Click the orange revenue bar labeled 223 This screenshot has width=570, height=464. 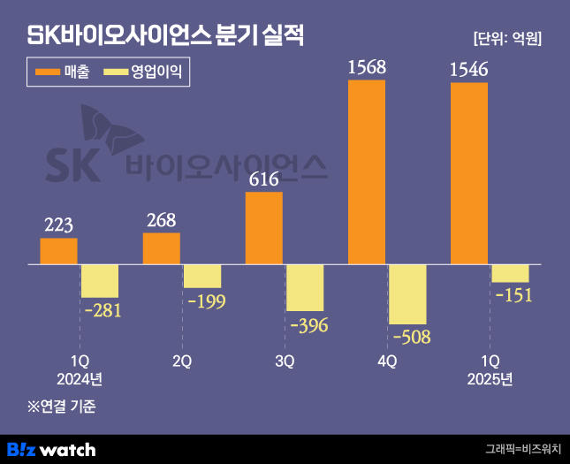[x=58, y=251]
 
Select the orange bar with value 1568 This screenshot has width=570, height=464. [x=367, y=172]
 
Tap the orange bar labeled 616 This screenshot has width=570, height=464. [x=264, y=228]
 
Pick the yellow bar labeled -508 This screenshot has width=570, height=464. [x=407, y=293]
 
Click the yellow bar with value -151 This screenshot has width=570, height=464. [x=510, y=273]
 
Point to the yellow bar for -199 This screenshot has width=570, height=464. [x=202, y=276]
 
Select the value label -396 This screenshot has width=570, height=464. [x=306, y=325]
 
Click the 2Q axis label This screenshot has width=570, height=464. [x=182, y=361]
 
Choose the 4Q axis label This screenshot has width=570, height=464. [x=387, y=361]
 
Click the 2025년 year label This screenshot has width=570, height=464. [x=490, y=379]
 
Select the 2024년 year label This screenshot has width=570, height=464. [x=80, y=379]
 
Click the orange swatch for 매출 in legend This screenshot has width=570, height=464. [x=45, y=72]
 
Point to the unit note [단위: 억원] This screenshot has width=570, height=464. [x=507, y=38]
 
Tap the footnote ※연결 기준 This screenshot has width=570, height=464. [x=61, y=407]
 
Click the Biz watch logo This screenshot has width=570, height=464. [x=51, y=449]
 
